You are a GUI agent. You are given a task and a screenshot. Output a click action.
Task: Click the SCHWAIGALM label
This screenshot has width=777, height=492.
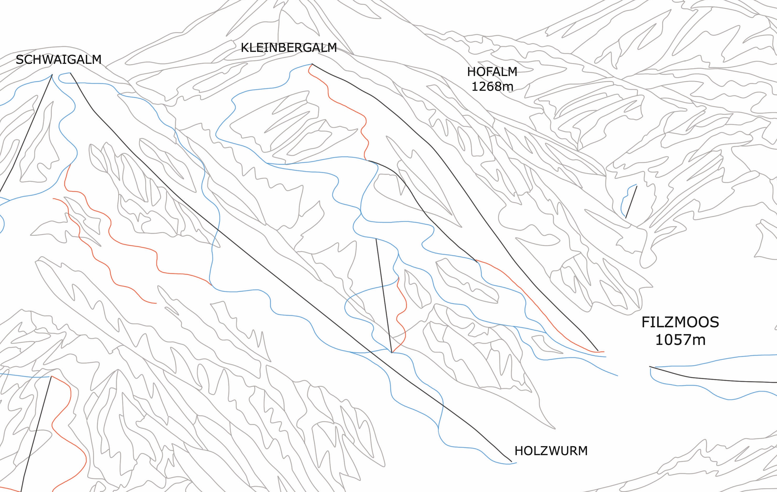pyautogui.click(x=58, y=60)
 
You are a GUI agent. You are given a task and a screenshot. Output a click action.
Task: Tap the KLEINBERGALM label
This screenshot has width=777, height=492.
pyautogui.click(x=289, y=48)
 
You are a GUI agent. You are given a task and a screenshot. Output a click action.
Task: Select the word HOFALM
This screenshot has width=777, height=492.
pyautogui.click(x=492, y=72)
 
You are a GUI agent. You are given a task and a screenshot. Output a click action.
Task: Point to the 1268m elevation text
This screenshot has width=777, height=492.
pyautogui.click(x=492, y=86)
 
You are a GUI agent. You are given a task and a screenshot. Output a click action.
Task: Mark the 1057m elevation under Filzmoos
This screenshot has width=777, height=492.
pyautogui.click(x=680, y=340)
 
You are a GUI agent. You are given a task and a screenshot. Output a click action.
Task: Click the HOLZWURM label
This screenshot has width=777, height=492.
pyautogui.click(x=551, y=451)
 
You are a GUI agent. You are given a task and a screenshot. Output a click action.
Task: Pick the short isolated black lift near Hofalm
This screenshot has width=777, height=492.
pyautogui.click(x=631, y=202)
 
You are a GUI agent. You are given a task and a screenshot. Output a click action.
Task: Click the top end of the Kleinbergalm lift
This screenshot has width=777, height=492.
pyautogui.click(x=312, y=64)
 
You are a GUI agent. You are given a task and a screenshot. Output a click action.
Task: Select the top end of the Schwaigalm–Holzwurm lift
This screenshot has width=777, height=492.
pyautogui.click(x=70, y=73)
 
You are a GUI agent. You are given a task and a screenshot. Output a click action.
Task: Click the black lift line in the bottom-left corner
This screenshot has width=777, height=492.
pyautogui.click(x=35, y=436)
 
